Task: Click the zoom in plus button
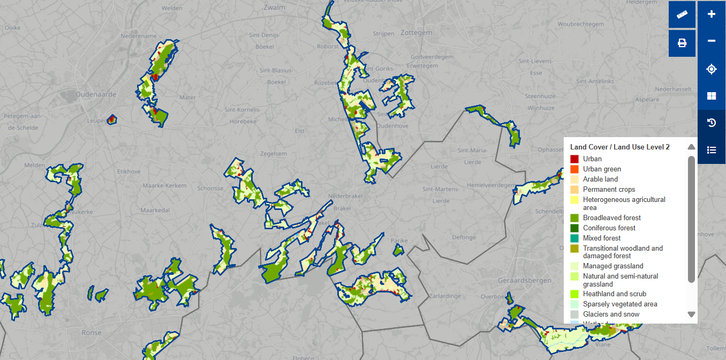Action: pyautogui.click(x=711, y=14)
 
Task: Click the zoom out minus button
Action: pyautogui.click(x=711, y=41)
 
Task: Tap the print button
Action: pyautogui.click(x=682, y=43)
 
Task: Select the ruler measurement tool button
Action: pyautogui.click(x=682, y=14)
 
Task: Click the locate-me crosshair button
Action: pyautogui.click(x=711, y=69)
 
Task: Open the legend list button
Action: pyautogui.click(x=711, y=150)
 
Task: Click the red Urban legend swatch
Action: pyautogui.click(x=574, y=159)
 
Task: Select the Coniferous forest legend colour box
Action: pyautogui.click(x=574, y=228)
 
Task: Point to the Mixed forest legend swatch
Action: pyautogui.click(x=574, y=238)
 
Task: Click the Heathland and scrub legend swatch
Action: pyautogui.click(x=574, y=294)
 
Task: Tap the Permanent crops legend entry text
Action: pyautogui.click(x=609, y=190)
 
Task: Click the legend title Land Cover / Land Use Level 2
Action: pyautogui.click(x=619, y=147)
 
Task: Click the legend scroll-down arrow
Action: pyautogui.click(x=691, y=314)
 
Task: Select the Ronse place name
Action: pyautogui.click(x=91, y=333)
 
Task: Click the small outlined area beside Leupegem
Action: pyautogui.click(x=111, y=119)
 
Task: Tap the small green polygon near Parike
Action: pyautogui.click(x=398, y=250)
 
